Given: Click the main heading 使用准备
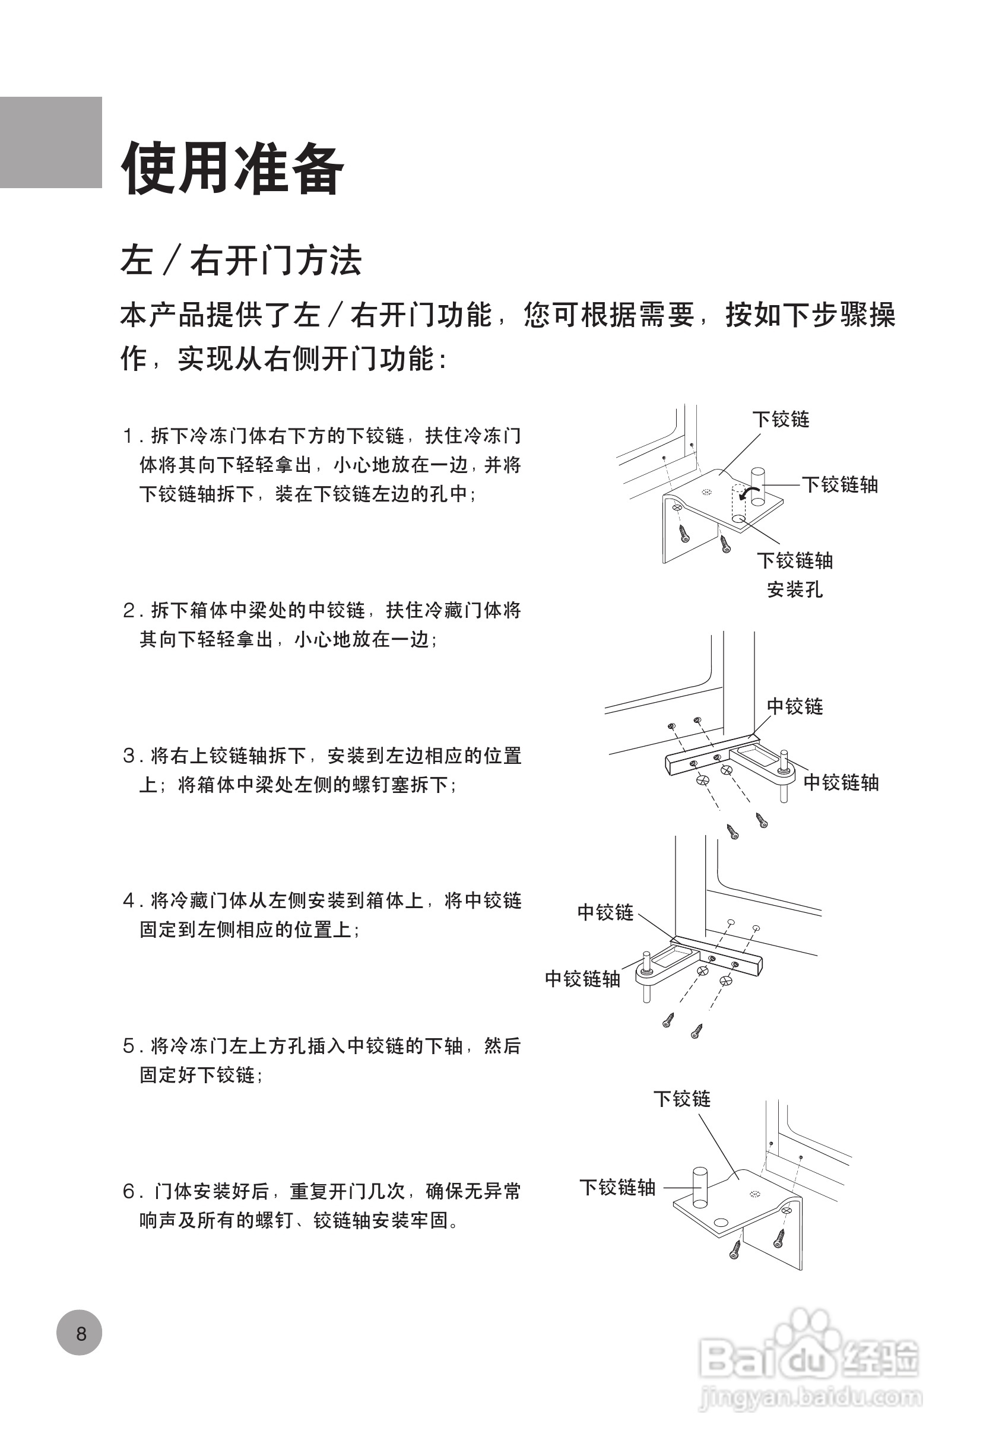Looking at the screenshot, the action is pyautogui.click(x=233, y=168).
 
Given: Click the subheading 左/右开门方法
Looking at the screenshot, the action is pyautogui.click(x=241, y=260).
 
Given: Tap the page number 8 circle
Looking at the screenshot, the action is pyautogui.click(x=80, y=1333).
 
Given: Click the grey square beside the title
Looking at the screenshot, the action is pyautogui.click(x=50, y=142).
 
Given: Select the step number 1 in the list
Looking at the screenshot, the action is pyautogui.click(x=129, y=436).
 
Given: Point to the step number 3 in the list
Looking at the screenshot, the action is pyautogui.click(x=129, y=757).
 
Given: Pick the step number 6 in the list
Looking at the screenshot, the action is pyautogui.click(x=129, y=1192).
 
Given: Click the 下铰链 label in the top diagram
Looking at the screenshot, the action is pyautogui.click(x=781, y=419).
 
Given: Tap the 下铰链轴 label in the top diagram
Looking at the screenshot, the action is pyautogui.click(x=840, y=484).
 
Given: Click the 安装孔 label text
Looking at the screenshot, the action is pyautogui.click(x=795, y=589).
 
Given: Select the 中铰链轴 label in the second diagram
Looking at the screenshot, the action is pyautogui.click(x=841, y=782).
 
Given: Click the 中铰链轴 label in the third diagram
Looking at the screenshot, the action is pyautogui.click(x=582, y=979).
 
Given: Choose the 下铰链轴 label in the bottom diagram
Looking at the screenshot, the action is pyautogui.click(x=617, y=1187).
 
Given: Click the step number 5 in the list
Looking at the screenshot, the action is pyautogui.click(x=129, y=1046).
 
